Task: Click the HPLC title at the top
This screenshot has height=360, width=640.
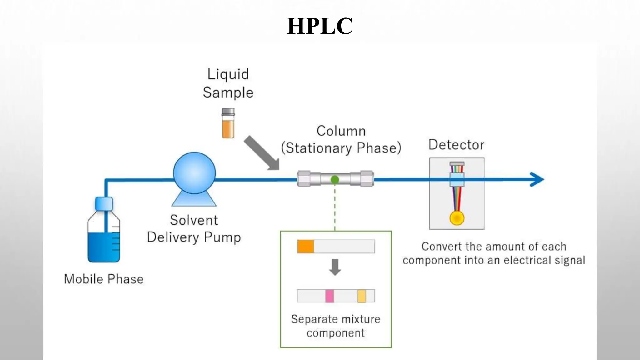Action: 320,26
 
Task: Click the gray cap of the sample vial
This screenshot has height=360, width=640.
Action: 228,112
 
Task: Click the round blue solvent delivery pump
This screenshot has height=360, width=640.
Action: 194,173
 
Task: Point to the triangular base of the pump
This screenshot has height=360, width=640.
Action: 194,200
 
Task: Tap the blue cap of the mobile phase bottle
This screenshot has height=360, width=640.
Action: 104,204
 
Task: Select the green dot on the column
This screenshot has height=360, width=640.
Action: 335,179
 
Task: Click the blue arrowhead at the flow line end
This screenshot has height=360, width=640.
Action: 538,179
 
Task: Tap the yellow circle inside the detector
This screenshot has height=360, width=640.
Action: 457,218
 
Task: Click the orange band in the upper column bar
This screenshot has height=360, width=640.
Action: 306,246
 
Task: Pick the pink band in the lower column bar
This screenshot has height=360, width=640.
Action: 329,296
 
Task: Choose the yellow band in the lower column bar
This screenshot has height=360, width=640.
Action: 362,296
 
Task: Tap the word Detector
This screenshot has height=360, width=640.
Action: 456,145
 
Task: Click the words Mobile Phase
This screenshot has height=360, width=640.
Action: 103,279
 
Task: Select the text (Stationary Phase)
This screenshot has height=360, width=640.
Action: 341,148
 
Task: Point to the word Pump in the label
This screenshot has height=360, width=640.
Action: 222,237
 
